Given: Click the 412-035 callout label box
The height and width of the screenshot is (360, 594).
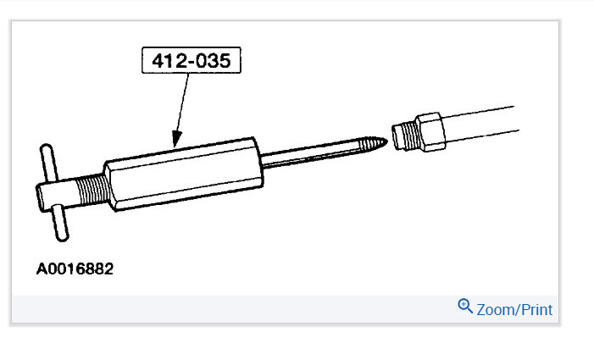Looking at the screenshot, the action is click(x=192, y=60).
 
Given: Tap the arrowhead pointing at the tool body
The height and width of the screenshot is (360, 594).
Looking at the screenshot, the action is click(x=176, y=139).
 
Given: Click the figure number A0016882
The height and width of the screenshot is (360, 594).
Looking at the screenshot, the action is click(x=75, y=269).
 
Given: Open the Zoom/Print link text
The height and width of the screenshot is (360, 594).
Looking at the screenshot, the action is click(x=514, y=310).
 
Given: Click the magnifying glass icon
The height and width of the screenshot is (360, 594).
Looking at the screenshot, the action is click(x=465, y=306).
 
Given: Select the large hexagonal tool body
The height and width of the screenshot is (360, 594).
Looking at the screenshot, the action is click(x=184, y=174).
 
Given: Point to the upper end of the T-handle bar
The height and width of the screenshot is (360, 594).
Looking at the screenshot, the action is click(x=46, y=147).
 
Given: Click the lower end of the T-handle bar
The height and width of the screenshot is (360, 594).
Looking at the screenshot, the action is click(x=63, y=237).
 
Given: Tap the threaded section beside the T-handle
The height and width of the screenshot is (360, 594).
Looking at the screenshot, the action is click(x=92, y=190).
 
